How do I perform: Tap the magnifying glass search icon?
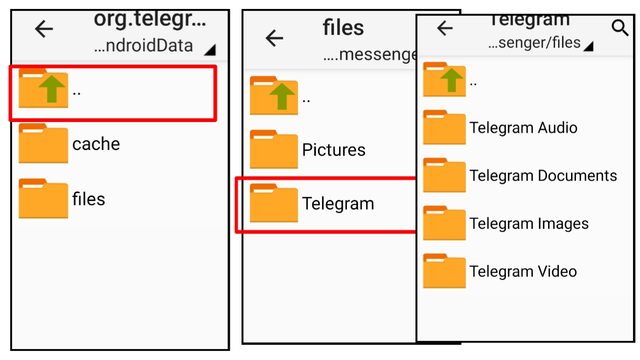click(x=620, y=28)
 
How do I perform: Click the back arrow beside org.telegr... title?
click(x=44, y=29)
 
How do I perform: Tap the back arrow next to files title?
click(x=274, y=38)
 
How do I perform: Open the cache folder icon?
click(x=43, y=143)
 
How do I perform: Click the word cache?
click(x=96, y=144)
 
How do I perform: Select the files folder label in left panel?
click(x=88, y=199)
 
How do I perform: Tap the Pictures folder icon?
click(x=273, y=149)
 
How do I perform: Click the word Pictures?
click(x=333, y=150)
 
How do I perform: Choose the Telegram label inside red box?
click(x=338, y=204)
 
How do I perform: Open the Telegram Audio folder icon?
click(x=444, y=127)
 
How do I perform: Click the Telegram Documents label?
click(x=543, y=175)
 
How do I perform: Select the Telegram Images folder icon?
click(x=444, y=223)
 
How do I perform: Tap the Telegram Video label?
click(x=523, y=271)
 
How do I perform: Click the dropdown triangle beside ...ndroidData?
click(x=210, y=49)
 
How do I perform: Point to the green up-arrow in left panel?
click(x=52, y=89)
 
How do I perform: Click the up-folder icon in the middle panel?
click(x=273, y=96)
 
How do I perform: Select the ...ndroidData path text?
click(x=143, y=46)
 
